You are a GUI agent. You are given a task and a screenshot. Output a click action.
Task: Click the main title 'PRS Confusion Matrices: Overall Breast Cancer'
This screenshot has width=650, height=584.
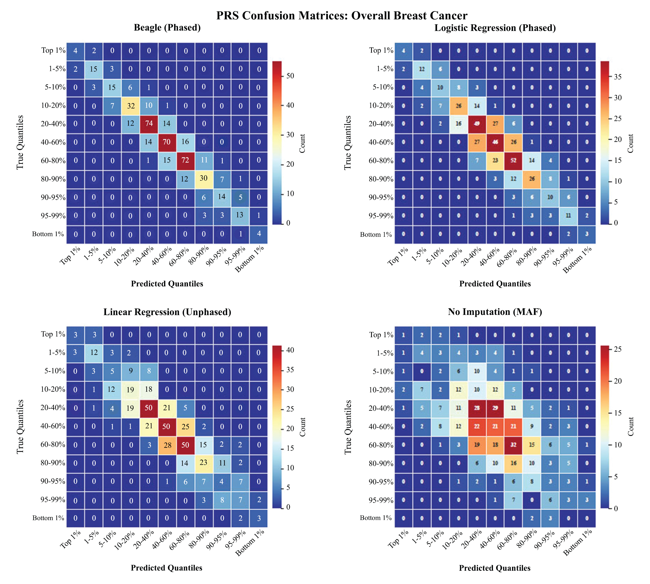tap(342, 15)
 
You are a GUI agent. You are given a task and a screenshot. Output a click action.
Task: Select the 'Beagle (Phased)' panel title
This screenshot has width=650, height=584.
tap(167, 28)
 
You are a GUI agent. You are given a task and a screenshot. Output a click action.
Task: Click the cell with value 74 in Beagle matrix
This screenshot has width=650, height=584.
tap(149, 124)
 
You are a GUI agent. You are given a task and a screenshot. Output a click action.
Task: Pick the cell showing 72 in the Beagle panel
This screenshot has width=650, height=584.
tap(185, 160)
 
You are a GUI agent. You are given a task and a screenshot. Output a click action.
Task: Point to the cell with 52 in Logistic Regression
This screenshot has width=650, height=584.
tap(513, 160)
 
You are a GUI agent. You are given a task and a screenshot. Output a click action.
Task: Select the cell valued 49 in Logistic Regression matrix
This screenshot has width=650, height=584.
tap(477, 124)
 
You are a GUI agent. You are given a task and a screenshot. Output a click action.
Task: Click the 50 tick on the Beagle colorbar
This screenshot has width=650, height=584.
tap(290, 76)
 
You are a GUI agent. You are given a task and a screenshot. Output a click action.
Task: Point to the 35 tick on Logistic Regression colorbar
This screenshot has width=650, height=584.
tap(618, 77)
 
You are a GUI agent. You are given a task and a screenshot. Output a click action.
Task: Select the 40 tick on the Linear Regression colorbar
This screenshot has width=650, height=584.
tap(290, 350)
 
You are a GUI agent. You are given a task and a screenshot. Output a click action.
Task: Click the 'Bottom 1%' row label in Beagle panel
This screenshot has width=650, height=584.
tap(48, 234)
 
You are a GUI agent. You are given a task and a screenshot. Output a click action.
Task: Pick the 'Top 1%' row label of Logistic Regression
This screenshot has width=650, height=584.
tap(381, 50)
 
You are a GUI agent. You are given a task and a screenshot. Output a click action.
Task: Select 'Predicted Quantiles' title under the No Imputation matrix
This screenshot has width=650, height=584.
tap(495, 568)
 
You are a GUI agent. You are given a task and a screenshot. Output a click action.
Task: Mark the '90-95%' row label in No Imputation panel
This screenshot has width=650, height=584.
tap(381, 482)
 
